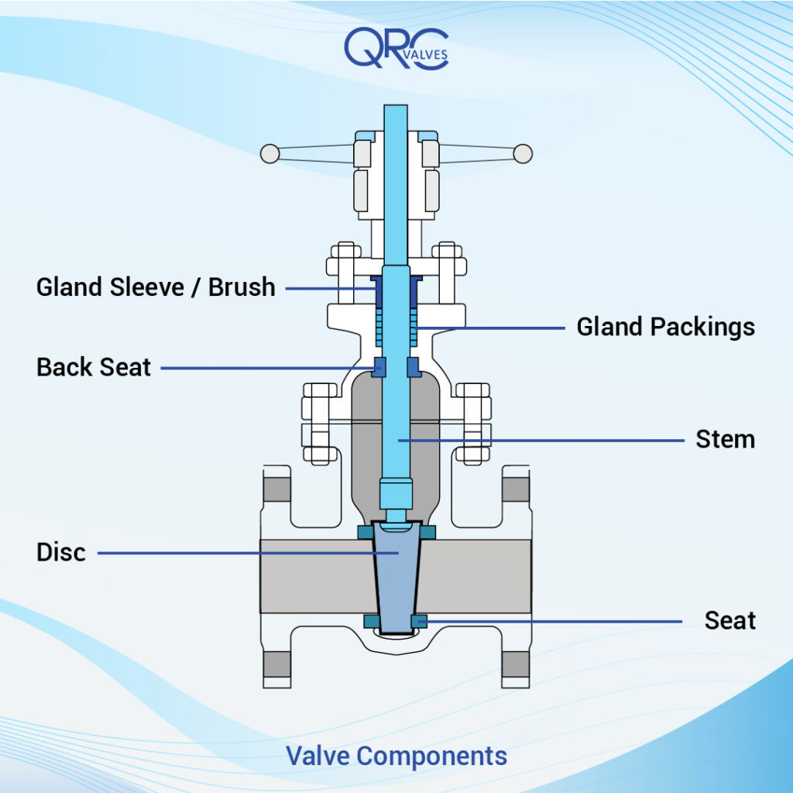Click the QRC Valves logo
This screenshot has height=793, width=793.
point(396,49)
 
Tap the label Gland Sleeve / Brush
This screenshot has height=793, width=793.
point(156,287)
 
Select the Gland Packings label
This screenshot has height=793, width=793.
point(665,327)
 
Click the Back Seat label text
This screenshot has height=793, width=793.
point(94,367)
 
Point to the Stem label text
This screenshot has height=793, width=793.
point(725,440)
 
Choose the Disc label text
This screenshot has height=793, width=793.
point(61,553)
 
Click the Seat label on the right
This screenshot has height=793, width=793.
point(729,620)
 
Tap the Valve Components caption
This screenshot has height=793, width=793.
point(396,755)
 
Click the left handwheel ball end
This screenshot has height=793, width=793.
point(269,153)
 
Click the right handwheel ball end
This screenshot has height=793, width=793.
point(524,153)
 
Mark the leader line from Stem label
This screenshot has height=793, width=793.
point(542,441)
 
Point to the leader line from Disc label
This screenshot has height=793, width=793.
point(232,553)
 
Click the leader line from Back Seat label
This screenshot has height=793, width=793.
point(263,368)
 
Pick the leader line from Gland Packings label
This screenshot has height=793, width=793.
point(496,328)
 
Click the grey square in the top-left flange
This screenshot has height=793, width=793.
point(276,489)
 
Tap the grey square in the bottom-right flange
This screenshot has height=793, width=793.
point(516,664)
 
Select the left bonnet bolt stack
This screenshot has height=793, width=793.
point(319,422)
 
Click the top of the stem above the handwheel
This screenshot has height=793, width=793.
point(396,116)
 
